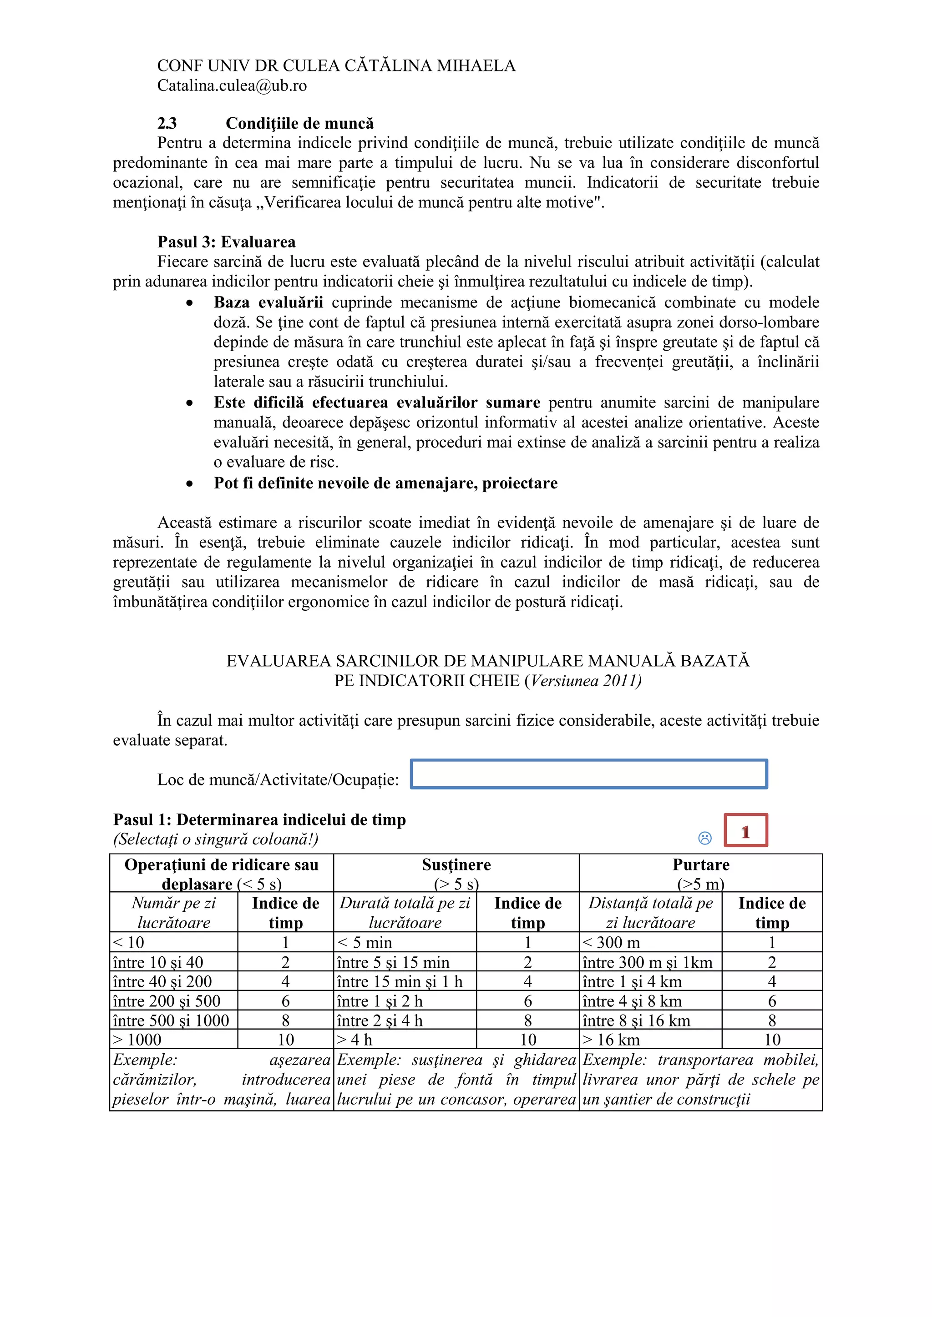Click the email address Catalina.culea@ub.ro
(232, 85)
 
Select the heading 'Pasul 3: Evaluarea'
(226, 241)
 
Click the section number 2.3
(167, 123)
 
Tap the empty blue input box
(589, 774)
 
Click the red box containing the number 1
(745, 830)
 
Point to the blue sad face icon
(705, 838)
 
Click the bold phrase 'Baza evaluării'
(268, 302)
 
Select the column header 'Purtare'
(701, 865)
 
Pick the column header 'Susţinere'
(456, 865)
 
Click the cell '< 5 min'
(365, 942)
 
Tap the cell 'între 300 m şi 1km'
(648, 962)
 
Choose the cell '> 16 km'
(611, 1040)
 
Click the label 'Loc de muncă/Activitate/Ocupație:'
(278, 779)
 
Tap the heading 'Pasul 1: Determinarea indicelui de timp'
(259, 819)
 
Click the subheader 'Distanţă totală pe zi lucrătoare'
(650, 913)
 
